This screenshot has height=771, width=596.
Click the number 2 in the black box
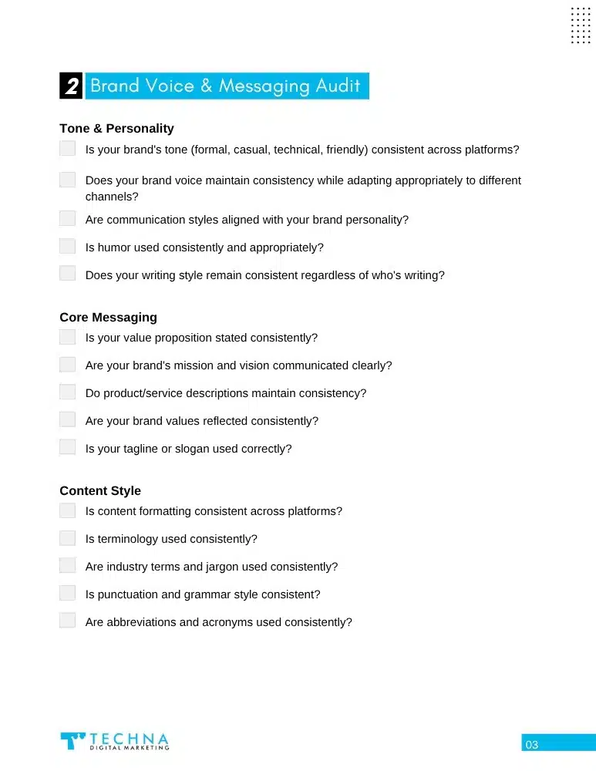(71, 86)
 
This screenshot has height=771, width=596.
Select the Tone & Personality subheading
(116, 129)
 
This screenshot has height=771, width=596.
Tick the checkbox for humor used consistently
(68, 247)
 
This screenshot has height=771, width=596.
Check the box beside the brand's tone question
(68, 149)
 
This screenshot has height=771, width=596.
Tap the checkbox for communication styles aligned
(68, 219)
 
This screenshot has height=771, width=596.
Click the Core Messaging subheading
(108, 318)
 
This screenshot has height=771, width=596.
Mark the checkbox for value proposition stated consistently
(68, 337)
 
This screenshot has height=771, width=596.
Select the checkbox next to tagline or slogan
(68, 448)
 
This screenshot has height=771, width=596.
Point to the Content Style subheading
(100, 491)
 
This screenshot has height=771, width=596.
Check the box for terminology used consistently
(68, 538)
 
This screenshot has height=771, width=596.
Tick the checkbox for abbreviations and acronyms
(68, 621)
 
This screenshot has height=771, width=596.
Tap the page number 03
(532, 745)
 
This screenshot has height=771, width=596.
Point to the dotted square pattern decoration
(581, 25)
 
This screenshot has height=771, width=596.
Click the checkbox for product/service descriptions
(68, 392)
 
